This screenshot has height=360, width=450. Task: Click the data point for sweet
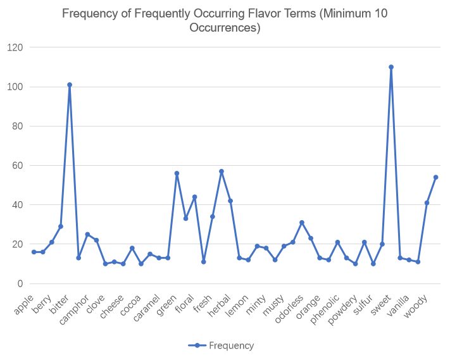[x=391, y=67]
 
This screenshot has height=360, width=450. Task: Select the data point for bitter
[x=70, y=85]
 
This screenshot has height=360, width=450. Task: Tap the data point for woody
[x=436, y=177]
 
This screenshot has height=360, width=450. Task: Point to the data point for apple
[x=34, y=252]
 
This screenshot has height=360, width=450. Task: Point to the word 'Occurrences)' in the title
[x=225, y=28]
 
